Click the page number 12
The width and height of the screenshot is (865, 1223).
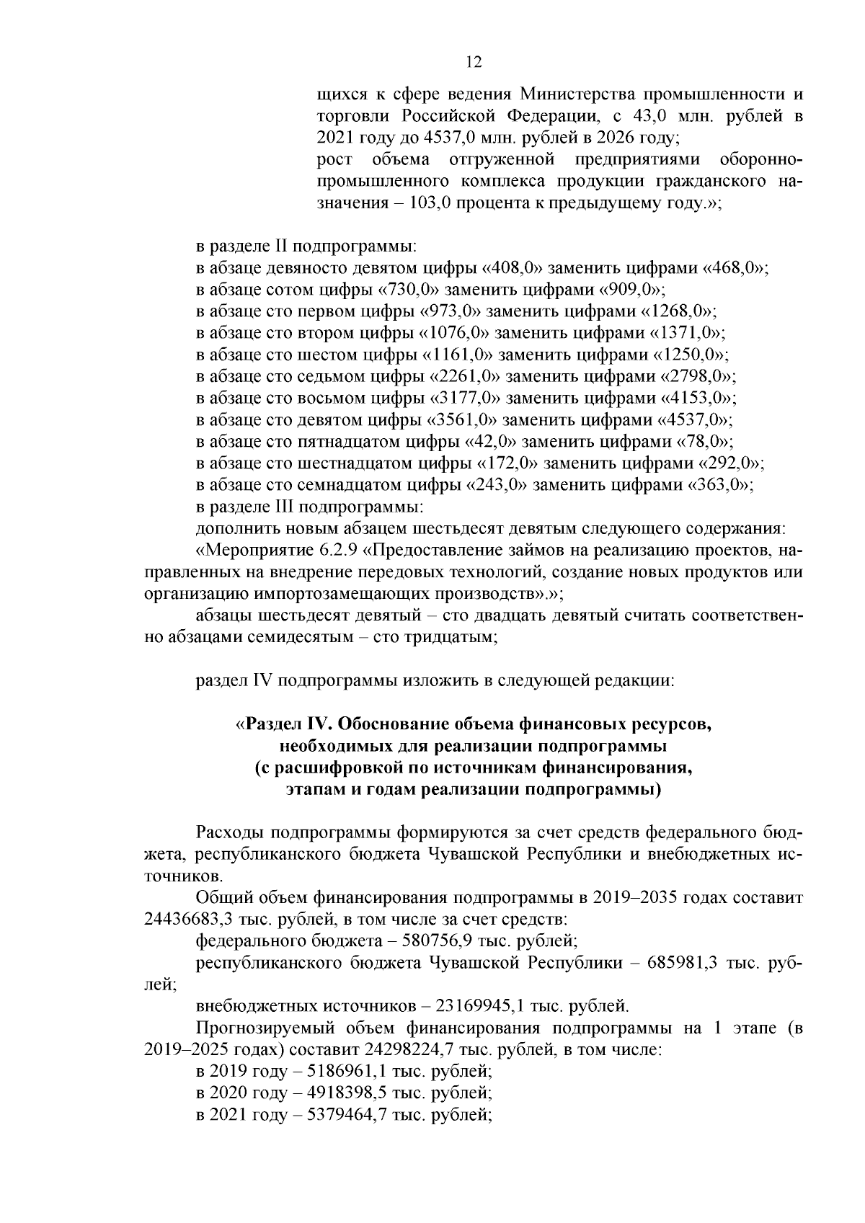(x=474, y=62)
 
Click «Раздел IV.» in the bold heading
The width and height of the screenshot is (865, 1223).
(x=286, y=724)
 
